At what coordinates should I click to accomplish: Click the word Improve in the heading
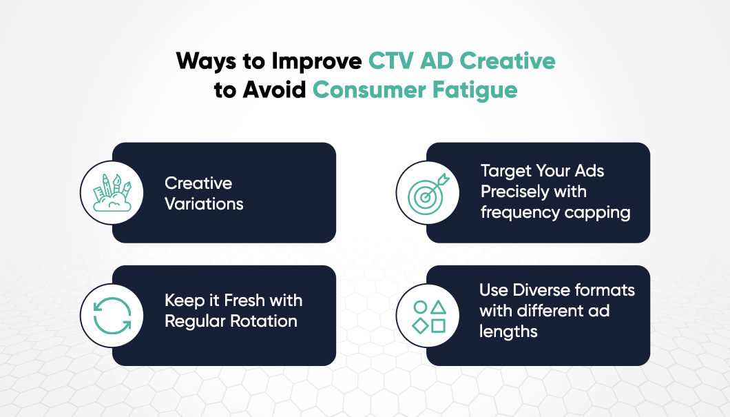[x=316, y=61]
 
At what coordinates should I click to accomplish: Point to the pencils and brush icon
[x=112, y=192]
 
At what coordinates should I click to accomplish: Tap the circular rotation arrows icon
[x=112, y=316]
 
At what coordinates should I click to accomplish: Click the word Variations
[x=204, y=203]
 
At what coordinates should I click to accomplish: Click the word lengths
[x=508, y=332]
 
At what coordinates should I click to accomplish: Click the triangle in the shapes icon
[x=438, y=307]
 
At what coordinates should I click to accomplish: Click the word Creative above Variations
[x=198, y=183]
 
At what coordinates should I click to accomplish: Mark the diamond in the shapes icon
[x=419, y=325]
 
